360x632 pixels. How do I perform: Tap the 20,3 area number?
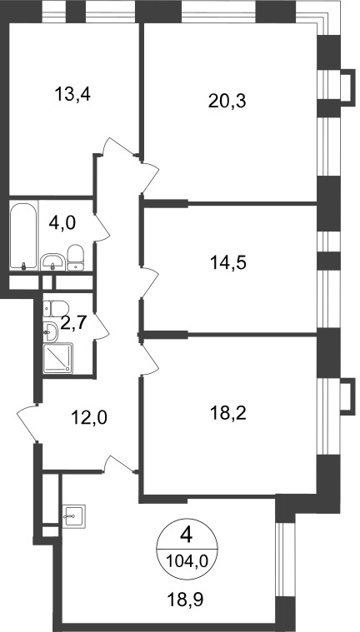(x=227, y=101)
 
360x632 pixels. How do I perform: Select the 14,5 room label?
(x=228, y=263)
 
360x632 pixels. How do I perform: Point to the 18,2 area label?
(x=228, y=413)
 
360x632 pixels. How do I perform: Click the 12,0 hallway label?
(x=89, y=418)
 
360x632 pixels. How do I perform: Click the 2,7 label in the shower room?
(x=73, y=323)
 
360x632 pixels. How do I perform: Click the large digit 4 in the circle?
(x=187, y=535)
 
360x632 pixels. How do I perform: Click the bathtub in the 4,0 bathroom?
(x=23, y=236)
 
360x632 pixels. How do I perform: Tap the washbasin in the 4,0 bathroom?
(x=52, y=262)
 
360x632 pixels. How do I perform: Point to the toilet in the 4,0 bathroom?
(x=76, y=257)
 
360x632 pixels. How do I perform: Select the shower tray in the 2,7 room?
(x=57, y=358)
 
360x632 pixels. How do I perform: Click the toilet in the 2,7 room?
(x=56, y=309)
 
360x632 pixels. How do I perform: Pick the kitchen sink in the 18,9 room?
(x=74, y=516)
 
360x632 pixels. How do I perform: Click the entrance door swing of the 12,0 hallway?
(x=27, y=423)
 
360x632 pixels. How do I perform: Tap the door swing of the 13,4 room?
(x=117, y=147)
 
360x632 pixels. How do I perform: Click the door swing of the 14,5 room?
(x=149, y=283)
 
